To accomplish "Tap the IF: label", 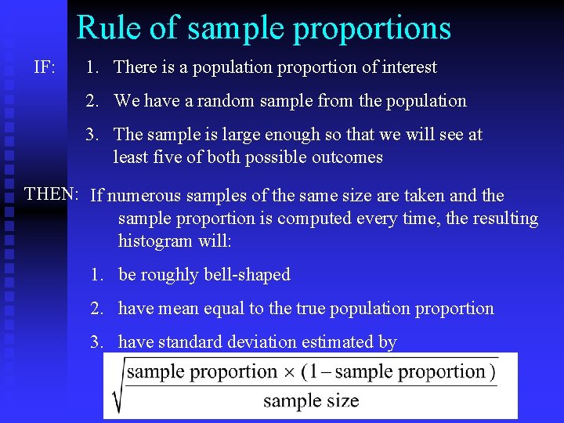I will click(x=44, y=67).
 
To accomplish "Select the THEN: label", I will click(x=51, y=193).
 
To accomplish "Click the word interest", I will click(x=410, y=67).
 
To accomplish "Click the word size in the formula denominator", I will click(x=342, y=402).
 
